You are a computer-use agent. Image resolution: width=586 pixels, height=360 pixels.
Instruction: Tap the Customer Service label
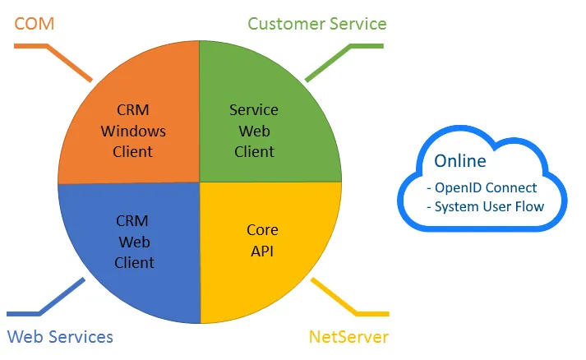[x=316, y=23]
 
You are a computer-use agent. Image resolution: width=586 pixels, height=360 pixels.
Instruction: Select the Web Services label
[x=60, y=336]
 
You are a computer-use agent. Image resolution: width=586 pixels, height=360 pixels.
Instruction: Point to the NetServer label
[x=348, y=336]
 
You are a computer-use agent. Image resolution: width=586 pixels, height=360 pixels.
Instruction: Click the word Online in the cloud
[x=460, y=160]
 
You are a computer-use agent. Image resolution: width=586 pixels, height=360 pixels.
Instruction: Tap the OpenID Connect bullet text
[x=482, y=187]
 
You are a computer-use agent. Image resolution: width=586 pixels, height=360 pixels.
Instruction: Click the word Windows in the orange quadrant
[x=133, y=132]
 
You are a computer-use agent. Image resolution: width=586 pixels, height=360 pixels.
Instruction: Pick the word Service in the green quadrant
[x=253, y=110]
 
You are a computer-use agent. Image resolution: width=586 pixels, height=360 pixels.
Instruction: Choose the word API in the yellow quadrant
[x=262, y=251]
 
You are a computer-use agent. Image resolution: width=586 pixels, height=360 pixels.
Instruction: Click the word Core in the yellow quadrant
[x=262, y=230]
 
